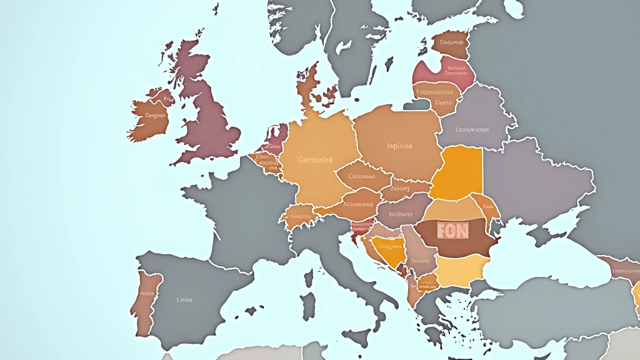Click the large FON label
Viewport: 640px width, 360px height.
tap(452, 231)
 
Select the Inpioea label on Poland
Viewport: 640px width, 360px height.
tap(399, 146)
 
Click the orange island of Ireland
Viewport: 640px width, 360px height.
tap(150, 119)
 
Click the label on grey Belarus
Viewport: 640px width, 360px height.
tap(472, 130)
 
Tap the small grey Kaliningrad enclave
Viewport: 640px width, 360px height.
tap(417, 105)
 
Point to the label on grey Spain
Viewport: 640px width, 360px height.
tap(184, 300)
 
